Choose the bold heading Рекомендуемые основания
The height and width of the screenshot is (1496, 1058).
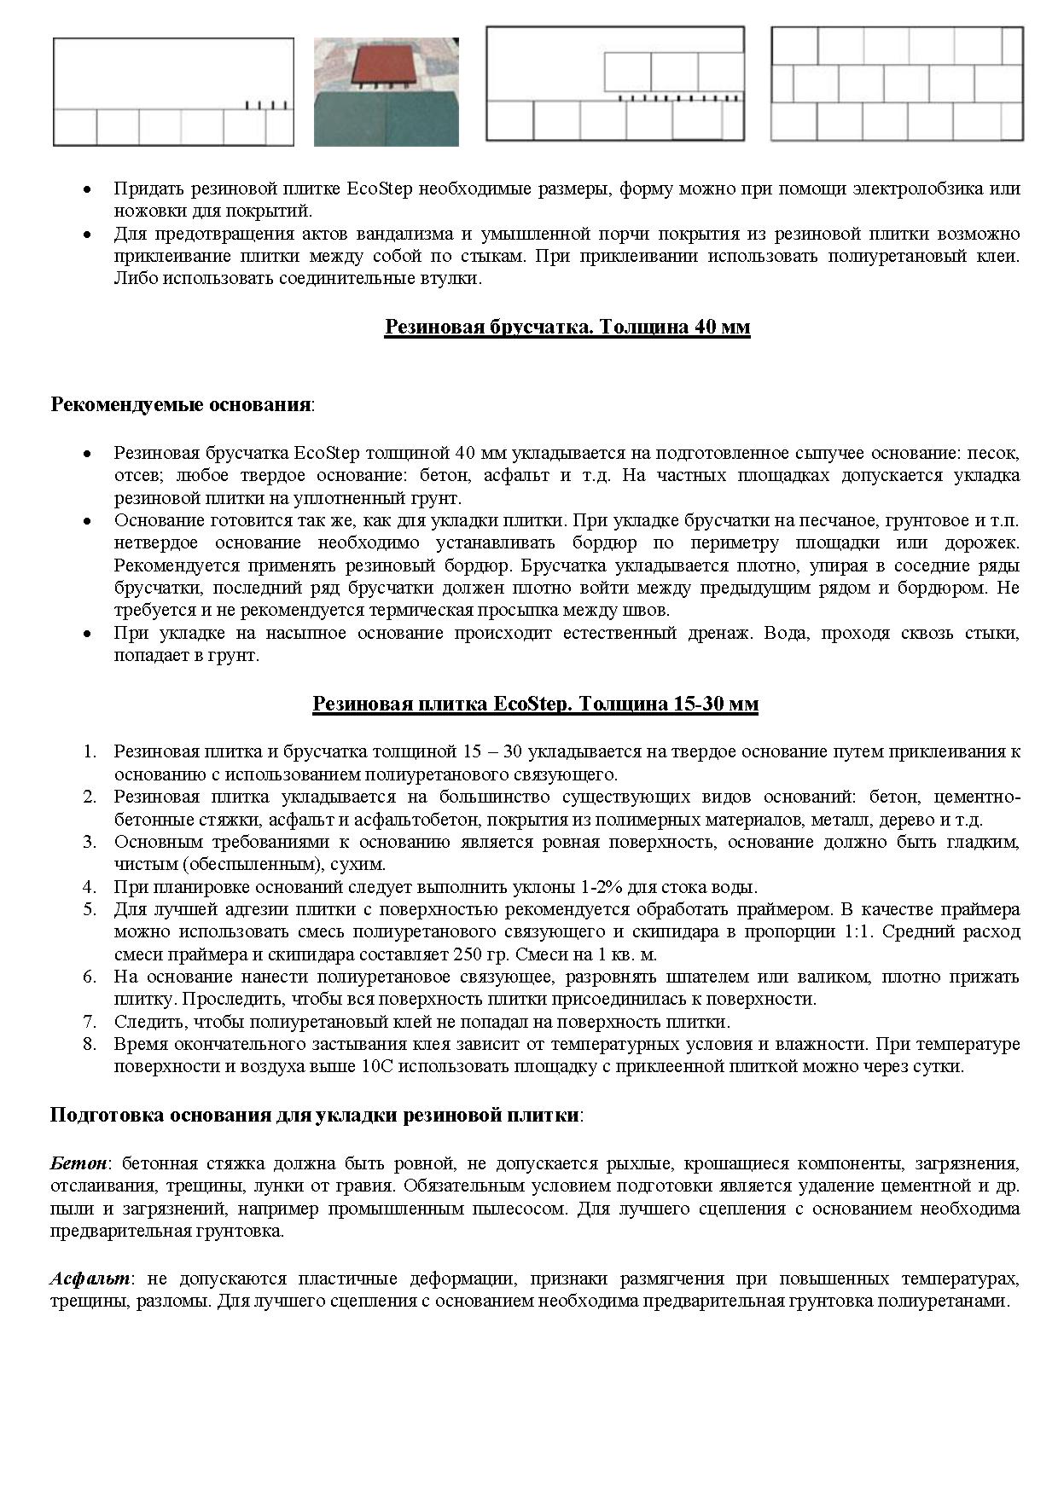180,403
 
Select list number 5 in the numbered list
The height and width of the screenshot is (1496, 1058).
90,909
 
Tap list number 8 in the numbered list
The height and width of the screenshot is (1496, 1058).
90,1044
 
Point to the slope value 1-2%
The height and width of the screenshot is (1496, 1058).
593,886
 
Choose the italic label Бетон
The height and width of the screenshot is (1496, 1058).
79,1163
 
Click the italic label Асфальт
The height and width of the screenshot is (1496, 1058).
90,1279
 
